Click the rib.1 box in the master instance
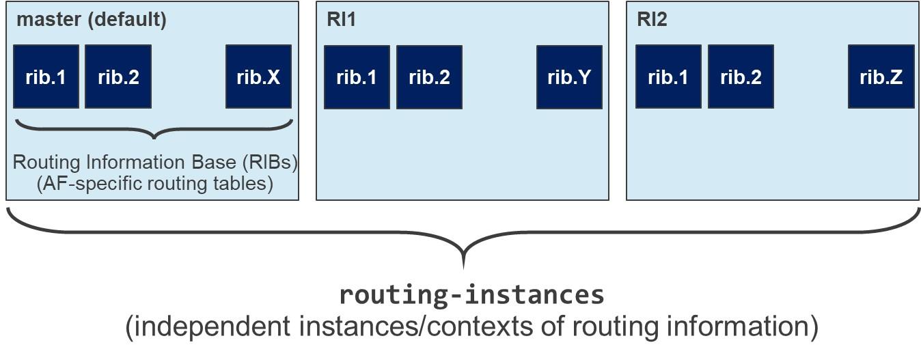46,77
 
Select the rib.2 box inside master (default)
118,77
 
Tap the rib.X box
258,77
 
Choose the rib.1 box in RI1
357,77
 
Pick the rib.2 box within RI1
429,77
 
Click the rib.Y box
569,77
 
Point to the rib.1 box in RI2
668,77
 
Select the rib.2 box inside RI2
741,77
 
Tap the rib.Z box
881,77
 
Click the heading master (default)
91,19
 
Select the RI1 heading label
341,19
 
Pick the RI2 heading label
652,19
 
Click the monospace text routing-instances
471,294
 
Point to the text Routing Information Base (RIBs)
155,163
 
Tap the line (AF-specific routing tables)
155,183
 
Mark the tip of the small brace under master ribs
154,137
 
